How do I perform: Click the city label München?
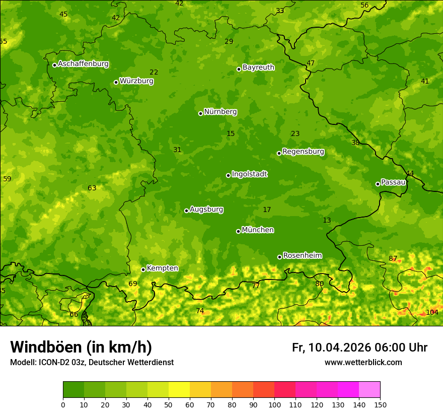258,230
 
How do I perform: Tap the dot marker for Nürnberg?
200,113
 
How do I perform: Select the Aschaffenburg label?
83,64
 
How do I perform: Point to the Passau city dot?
378,184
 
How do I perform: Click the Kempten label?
162,268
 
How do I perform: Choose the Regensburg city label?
303,152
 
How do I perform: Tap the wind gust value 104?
432,312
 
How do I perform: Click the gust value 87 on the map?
393,259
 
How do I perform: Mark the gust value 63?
92,188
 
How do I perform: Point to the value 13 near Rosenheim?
327,221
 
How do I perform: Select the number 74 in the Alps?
200,311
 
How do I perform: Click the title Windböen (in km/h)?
81,347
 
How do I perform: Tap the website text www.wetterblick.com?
363,363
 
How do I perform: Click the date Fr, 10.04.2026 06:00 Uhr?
359,347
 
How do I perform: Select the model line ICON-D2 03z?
92,363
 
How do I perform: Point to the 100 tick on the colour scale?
274,404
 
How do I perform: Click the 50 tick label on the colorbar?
169,404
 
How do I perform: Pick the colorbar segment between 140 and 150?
370,390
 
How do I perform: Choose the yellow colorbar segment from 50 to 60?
179,390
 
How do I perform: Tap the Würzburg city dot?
116,82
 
